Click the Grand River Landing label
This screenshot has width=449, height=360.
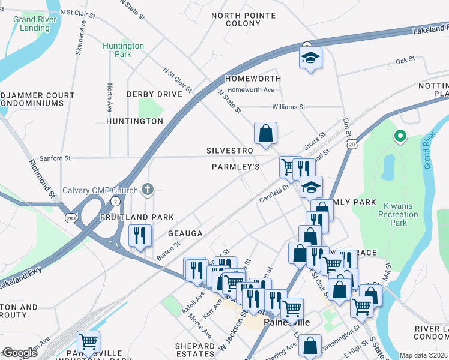[x=31, y=23]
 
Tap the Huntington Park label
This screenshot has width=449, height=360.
[x=123, y=50]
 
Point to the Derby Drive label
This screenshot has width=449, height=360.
[x=154, y=94]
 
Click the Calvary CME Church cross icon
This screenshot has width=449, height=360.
[x=147, y=190]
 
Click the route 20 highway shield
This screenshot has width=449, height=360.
[x=351, y=144]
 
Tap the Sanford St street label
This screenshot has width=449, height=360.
[x=55, y=158]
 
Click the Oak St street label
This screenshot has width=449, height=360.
[x=406, y=60]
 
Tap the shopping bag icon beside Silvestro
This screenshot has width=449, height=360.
[x=265, y=133]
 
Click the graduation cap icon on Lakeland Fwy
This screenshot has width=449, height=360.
[x=310, y=58]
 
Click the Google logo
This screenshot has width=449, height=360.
[x=20, y=353]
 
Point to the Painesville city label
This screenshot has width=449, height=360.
[x=287, y=322]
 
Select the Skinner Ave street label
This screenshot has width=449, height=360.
[x=79, y=41]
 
